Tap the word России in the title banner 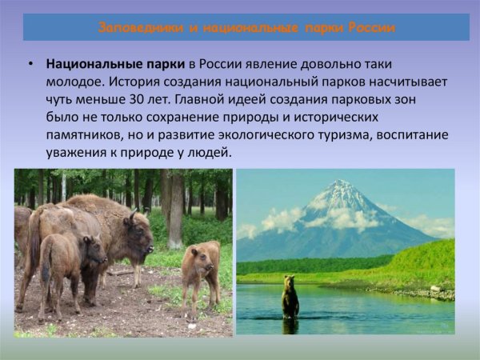(369, 27)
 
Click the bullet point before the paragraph (30, 64)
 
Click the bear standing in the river (290, 298)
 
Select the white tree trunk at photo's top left (63, 186)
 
